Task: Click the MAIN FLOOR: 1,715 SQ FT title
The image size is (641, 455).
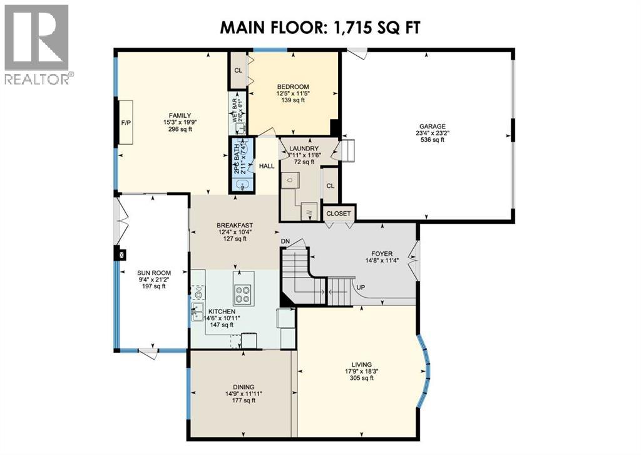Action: pos(320,28)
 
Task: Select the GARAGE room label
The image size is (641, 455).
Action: pos(428,133)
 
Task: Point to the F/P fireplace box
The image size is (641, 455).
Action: pos(126,123)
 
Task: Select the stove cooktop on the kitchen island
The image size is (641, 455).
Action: pos(244,293)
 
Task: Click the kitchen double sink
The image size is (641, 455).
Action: pos(197,306)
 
